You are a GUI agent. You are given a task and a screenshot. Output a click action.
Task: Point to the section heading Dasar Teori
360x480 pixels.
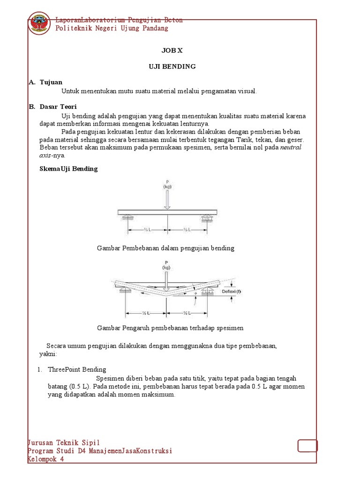point(58,107)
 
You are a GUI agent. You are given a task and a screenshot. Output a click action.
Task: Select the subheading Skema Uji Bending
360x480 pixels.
point(68,169)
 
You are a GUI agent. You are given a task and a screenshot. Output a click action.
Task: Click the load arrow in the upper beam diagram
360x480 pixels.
point(167,199)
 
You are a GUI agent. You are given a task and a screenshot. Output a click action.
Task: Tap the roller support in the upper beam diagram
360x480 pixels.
point(207,218)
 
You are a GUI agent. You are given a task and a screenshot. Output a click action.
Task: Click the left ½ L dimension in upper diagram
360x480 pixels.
point(146,229)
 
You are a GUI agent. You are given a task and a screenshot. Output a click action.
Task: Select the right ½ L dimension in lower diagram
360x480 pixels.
point(186,313)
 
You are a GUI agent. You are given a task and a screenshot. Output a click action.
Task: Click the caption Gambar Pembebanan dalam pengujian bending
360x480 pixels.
point(165,248)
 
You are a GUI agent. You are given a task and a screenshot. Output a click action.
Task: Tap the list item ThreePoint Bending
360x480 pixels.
point(77,369)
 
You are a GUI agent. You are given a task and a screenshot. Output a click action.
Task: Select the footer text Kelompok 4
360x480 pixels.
point(46,459)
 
